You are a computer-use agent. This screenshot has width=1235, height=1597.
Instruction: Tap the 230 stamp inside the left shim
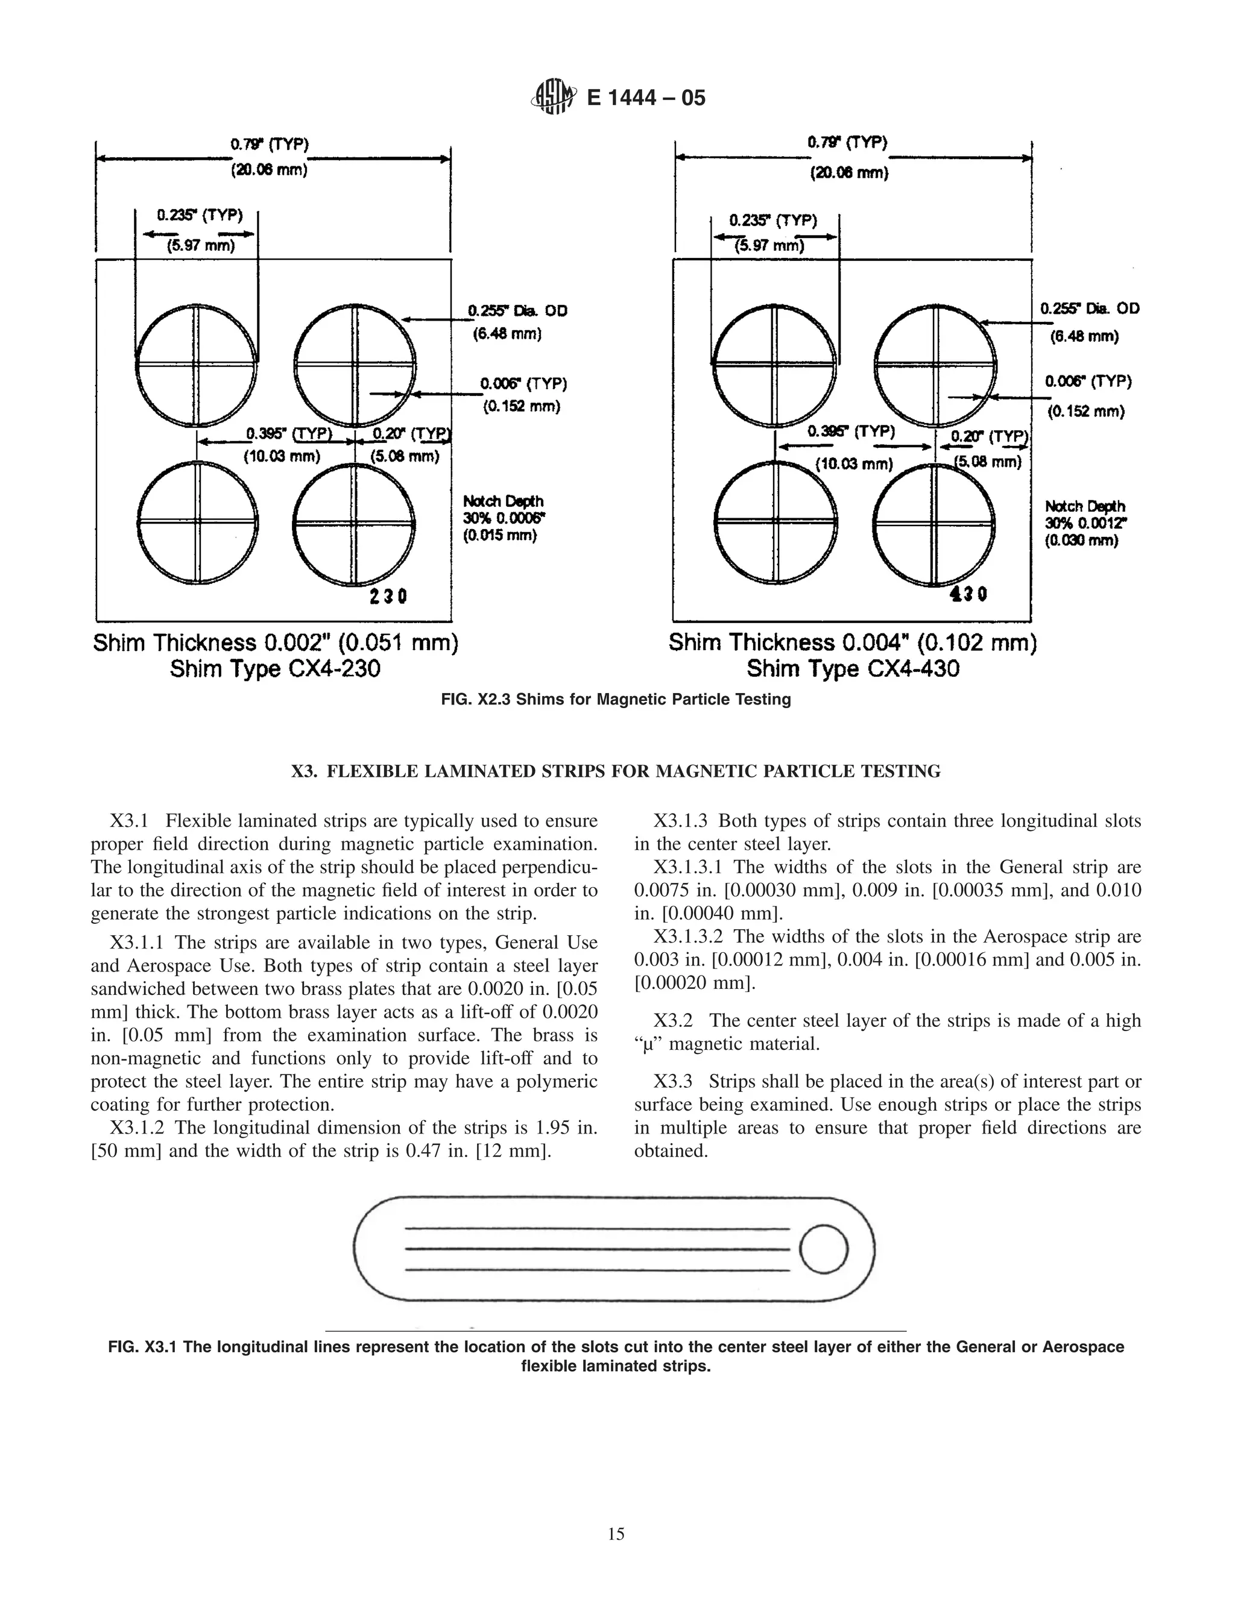coord(388,597)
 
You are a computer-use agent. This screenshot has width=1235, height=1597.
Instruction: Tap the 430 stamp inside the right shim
coord(968,594)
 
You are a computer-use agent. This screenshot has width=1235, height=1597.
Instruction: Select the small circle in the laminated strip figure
coord(824,1249)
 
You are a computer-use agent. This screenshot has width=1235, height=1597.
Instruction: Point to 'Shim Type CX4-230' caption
coord(275,668)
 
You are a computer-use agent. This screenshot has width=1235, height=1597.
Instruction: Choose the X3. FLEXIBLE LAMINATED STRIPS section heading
coord(616,771)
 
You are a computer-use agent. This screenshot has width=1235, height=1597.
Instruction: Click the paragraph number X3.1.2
coord(139,1128)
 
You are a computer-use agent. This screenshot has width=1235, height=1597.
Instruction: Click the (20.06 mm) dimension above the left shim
coord(269,171)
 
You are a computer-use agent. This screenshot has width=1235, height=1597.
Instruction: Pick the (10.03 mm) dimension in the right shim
coord(854,464)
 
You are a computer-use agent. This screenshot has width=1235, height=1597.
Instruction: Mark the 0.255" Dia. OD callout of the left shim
coord(518,311)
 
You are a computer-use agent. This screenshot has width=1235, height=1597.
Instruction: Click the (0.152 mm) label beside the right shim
coord(1085,412)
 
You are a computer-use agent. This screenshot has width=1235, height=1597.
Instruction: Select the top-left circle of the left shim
coord(197,364)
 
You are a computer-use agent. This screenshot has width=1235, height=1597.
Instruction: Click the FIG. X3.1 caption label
coord(142,1347)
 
